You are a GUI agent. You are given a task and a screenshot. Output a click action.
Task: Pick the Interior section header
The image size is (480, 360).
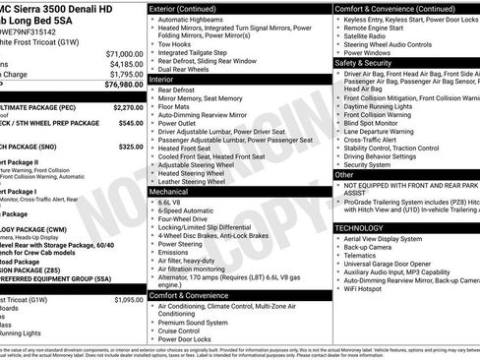(x=161, y=78)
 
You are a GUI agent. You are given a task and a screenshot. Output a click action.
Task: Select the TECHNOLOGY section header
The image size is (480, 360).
(x=360, y=227)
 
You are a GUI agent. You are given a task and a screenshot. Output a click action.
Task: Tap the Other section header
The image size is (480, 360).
(x=344, y=174)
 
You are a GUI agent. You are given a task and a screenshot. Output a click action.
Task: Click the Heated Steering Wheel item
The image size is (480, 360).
(x=198, y=172)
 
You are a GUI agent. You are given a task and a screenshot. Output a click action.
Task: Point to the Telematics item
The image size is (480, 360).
(x=363, y=254)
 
